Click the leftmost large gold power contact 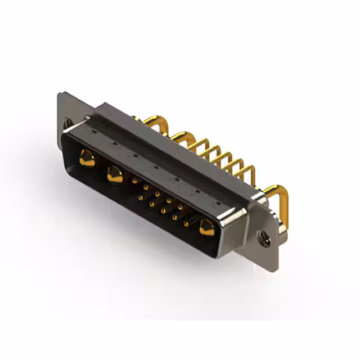pos(87,159)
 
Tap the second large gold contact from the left pos(115,174)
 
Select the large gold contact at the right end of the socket pos(206,227)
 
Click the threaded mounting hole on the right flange pos(263,238)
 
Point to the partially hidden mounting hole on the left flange pos(68,122)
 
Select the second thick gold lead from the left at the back pos(183,138)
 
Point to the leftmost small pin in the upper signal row pos(134,181)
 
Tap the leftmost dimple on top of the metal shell pos(93,131)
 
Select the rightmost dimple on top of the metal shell pos(217,198)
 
